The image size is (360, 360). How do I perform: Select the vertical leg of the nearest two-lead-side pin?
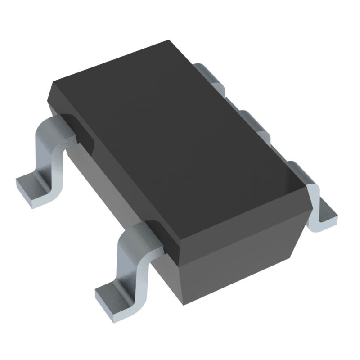click(130, 261)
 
